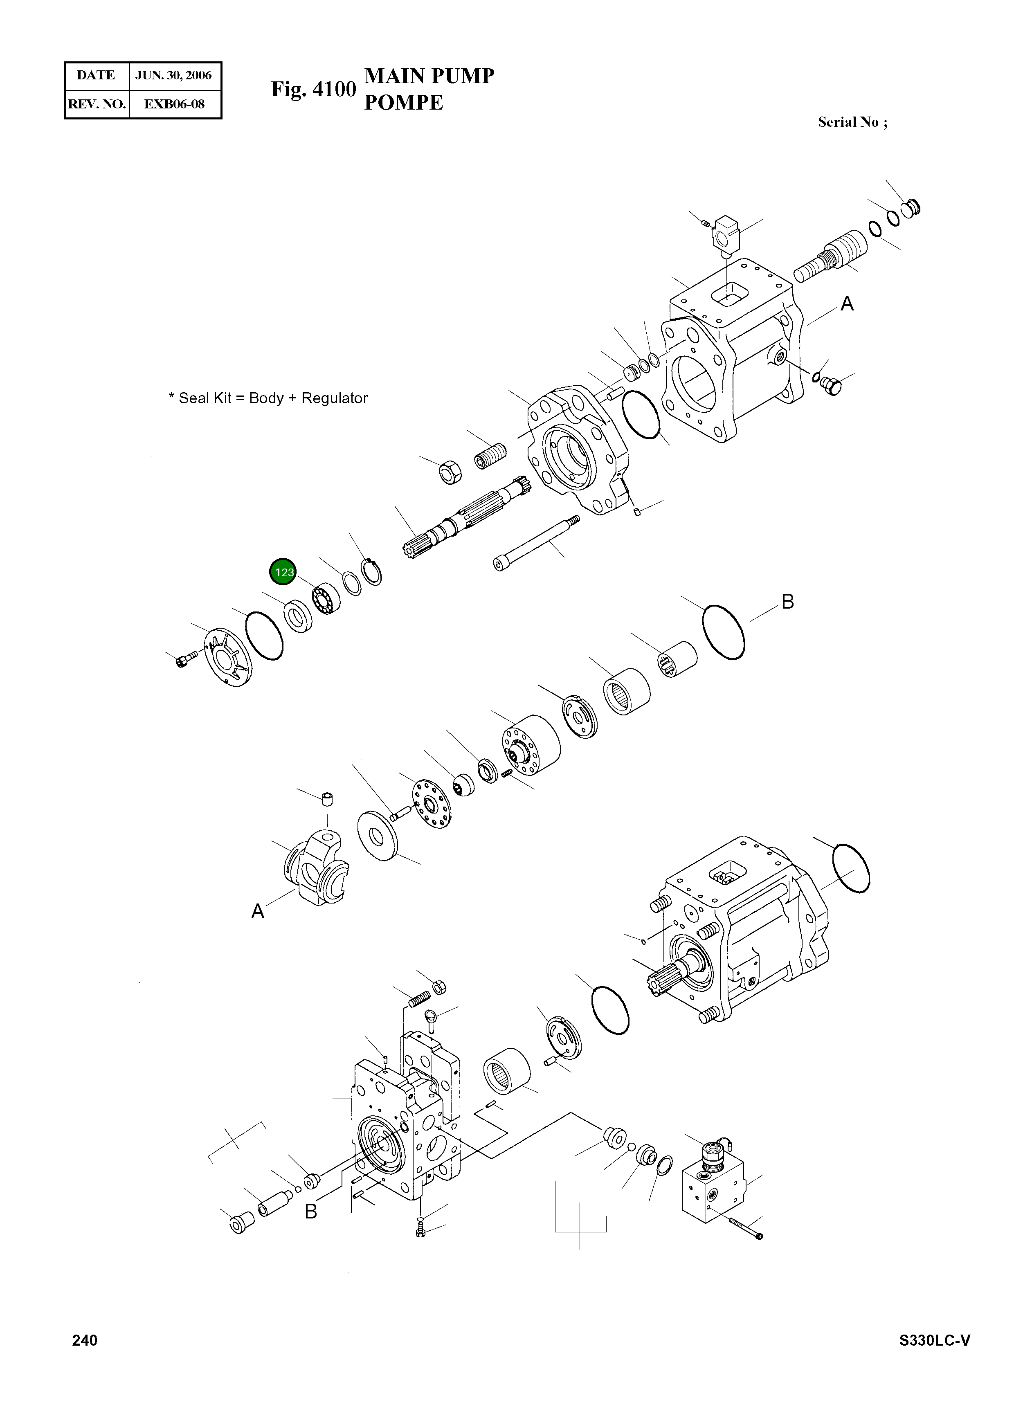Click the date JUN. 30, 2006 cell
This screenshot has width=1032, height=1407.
pos(174,76)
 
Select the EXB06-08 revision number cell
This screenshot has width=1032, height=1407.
pos(174,104)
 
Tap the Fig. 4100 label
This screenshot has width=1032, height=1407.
pos(313,89)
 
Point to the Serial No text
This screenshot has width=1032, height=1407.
pos(852,122)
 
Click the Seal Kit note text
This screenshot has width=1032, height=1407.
pos(268,398)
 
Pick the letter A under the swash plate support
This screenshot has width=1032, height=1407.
pos(257,911)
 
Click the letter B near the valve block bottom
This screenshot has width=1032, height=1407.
pos(310,1211)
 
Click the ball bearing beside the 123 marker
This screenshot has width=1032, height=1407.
pos(326,598)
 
